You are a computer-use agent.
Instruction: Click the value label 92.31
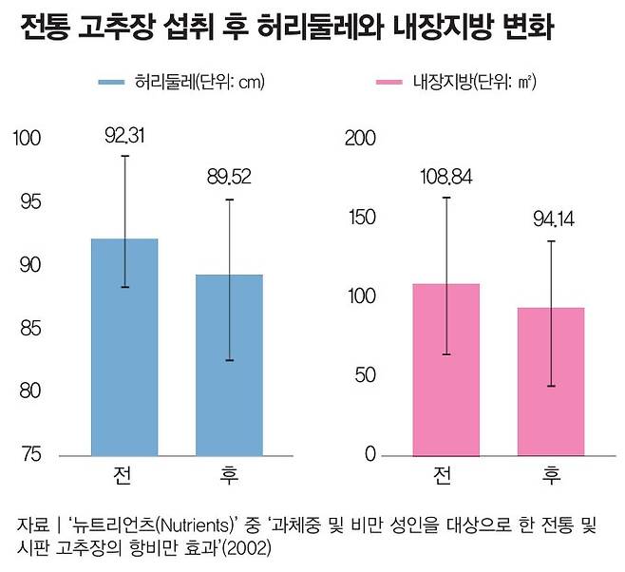124,137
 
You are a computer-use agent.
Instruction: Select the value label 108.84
445,177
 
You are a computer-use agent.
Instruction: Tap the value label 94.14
551,221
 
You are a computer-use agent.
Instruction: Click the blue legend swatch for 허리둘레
118,83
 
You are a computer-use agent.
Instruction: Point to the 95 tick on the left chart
30,202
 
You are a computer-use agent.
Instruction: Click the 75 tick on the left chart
30,454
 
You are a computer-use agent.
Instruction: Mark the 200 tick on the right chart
359,139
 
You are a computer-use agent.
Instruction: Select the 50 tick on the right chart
364,375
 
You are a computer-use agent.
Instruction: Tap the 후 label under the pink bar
551,474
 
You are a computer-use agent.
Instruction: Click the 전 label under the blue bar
124,474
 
